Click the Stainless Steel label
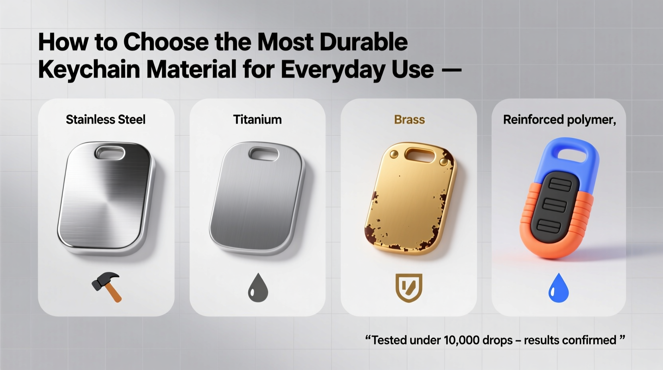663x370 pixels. (x=106, y=120)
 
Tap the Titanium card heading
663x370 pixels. (x=257, y=120)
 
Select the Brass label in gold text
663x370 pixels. (x=409, y=120)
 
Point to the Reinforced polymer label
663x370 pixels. (x=559, y=120)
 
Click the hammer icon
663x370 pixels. (x=107, y=287)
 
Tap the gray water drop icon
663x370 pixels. (x=258, y=288)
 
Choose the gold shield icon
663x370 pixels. (x=409, y=287)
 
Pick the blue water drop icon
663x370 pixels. (x=559, y=288)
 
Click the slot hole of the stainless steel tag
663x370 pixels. (x=110, y=153)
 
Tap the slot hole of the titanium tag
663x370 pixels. (x=263, y=154)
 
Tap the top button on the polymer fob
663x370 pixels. (x=560, y=185)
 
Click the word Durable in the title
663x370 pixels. (x=363, y=42)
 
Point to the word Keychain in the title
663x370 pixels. (x=89, y=69)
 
